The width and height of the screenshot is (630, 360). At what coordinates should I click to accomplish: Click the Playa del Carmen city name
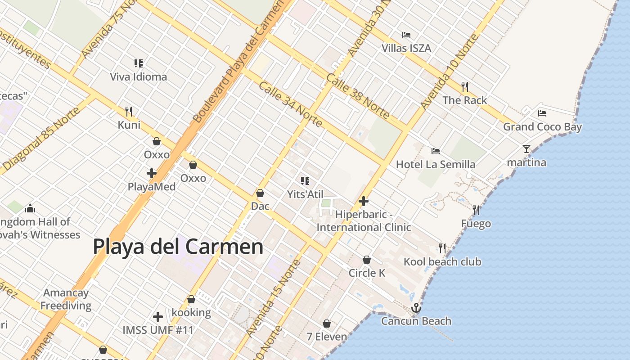coord(178,247)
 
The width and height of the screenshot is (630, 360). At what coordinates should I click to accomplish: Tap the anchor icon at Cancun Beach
coord(416,308)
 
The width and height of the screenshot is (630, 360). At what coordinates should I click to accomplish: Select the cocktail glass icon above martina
coord(526,148)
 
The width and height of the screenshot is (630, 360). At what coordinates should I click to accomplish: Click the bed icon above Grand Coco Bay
coord(542,113)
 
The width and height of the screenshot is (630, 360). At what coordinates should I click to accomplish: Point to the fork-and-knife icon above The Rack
coord(465,86)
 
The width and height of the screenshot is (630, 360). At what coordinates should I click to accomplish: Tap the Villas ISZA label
coord(406,48)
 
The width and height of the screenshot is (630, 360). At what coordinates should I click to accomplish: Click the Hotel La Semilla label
coord(436,165)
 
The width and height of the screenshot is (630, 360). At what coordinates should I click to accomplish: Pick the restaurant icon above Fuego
coord(476,210)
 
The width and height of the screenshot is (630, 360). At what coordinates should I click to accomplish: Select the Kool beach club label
coord(442,262)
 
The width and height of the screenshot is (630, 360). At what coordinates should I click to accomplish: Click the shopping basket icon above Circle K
coord(367,260)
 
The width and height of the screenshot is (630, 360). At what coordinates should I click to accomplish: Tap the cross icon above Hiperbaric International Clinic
coord(364,201)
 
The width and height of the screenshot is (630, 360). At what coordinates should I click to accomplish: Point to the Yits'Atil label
coord(305,194)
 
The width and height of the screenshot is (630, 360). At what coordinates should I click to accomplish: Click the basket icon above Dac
coord(260,193)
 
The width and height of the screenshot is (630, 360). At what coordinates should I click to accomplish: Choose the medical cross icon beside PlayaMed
coord(152,173)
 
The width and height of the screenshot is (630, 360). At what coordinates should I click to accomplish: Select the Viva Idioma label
coord(139,77)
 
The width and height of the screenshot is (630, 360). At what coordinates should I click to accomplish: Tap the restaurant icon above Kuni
coord(129,111)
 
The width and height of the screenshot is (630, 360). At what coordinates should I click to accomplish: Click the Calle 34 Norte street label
coord(290,104)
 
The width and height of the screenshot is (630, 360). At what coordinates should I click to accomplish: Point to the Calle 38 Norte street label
coord(358,96)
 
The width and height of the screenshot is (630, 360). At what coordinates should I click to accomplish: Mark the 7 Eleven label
coord(327,337)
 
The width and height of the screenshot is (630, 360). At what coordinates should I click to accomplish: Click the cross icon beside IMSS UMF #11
coord(157,317)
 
